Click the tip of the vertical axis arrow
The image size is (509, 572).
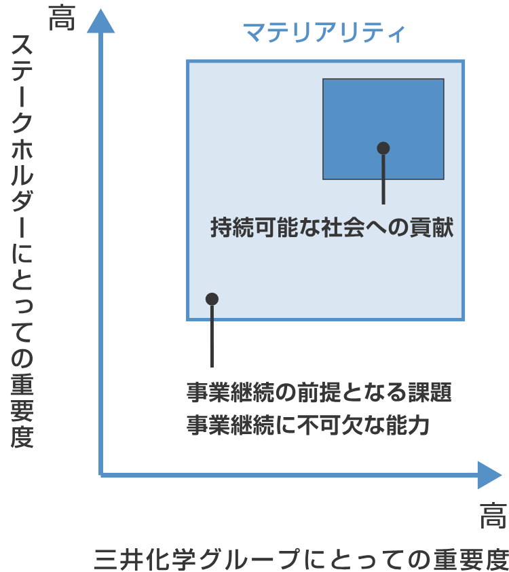(x=100, y=9)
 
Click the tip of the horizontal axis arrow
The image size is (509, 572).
(x=502, y=475)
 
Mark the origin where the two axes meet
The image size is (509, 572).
(x=100, y=475)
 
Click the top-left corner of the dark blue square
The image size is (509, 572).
(x=323, y=79)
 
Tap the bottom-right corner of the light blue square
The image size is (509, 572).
(x=464, y=320)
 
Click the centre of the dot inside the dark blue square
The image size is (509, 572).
(x=383, y=148)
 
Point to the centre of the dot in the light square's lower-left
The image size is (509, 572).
(x=212, y=299)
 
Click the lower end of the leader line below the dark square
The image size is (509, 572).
(x=383, y=204)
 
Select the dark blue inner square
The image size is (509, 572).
(x=383, y=129)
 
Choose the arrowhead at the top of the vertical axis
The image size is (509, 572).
(x=100, y=21)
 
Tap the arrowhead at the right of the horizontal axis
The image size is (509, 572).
(x=490, y=475)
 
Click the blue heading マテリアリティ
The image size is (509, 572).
(x=324, y=32)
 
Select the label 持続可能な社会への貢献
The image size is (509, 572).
(x=332, y=228)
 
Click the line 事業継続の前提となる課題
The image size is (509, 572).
(x=319, y=392)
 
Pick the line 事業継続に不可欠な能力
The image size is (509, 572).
(x=308, y=425)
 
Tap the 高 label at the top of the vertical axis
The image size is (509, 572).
(x=62, y=18)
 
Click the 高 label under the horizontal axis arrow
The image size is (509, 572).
(x=493, y=516)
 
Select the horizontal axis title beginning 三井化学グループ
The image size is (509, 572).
(x=302, y=560)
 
